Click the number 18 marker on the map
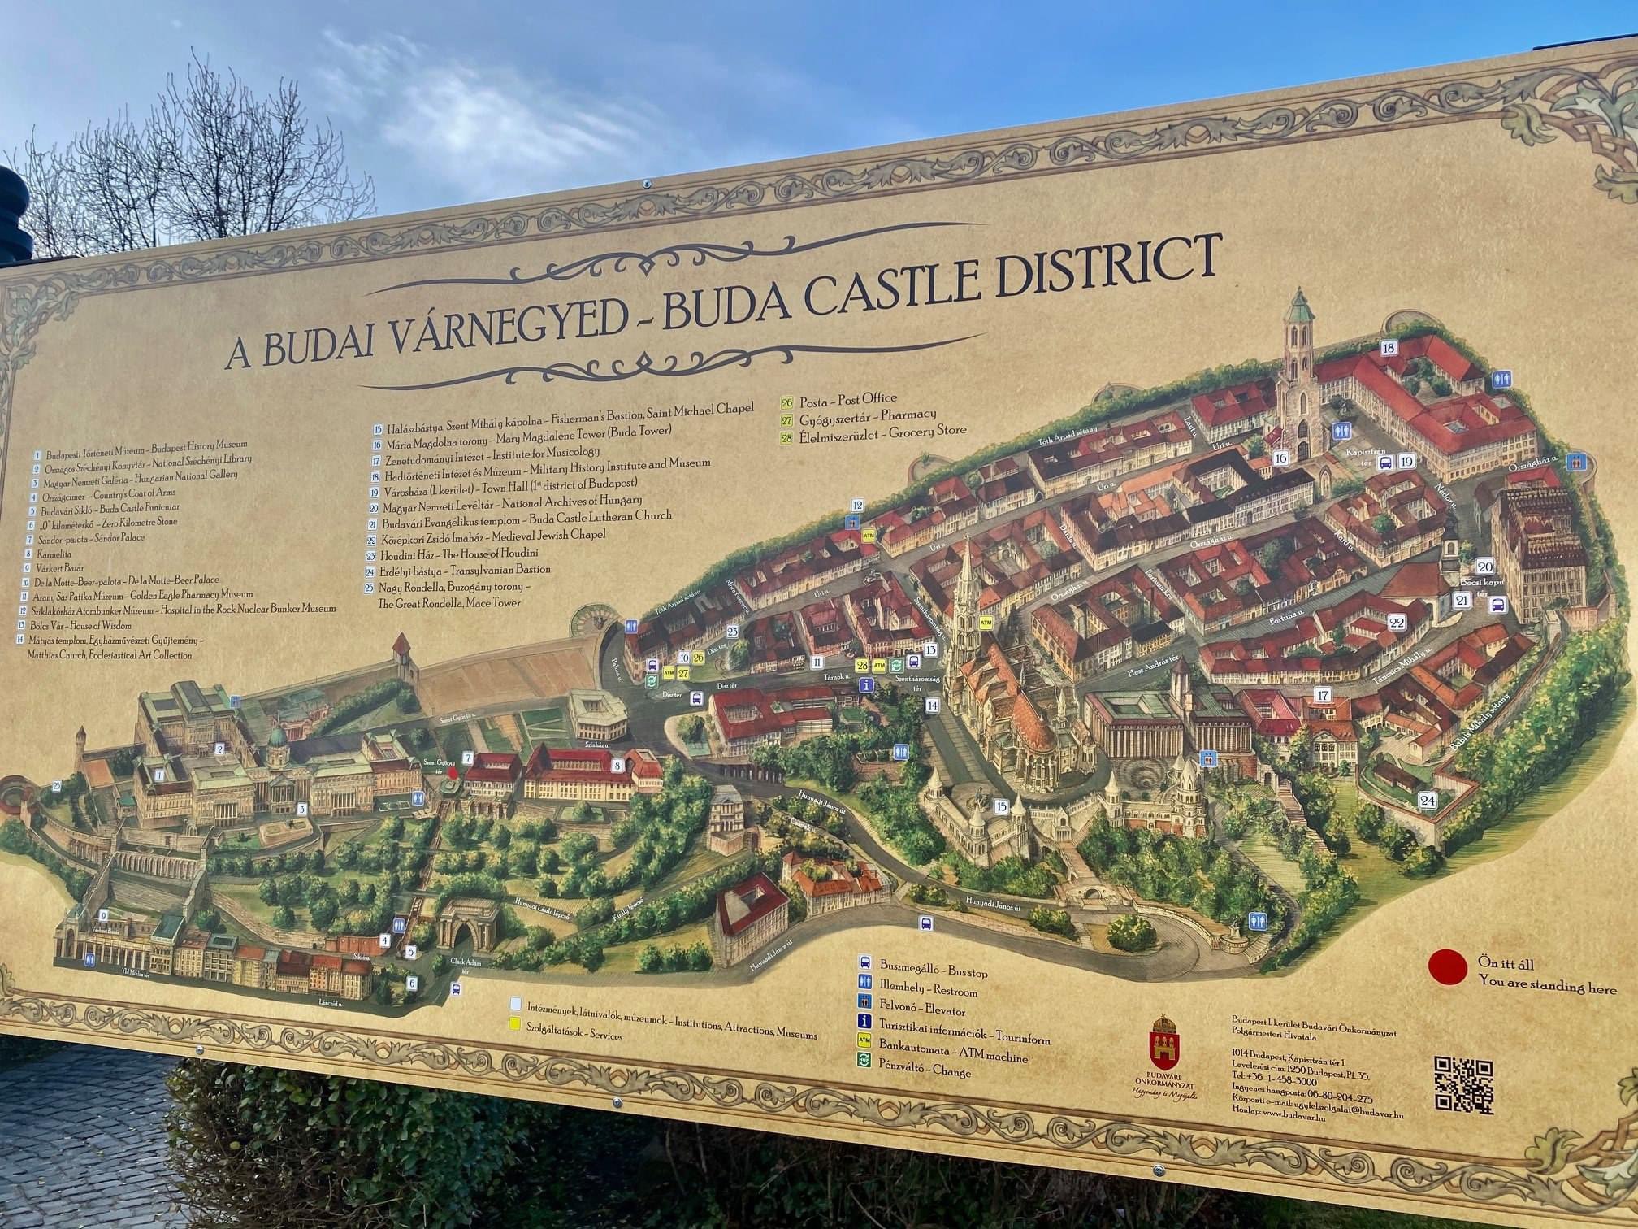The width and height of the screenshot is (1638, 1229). tap(1389, 348)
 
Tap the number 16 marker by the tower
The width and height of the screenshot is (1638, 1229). tap(1281, 458)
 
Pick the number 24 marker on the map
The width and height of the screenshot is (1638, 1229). tap(1428, 801)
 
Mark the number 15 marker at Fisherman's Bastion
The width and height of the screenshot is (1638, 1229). tap(1000, 806)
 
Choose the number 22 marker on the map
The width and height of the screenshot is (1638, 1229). tap(1397, 623)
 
